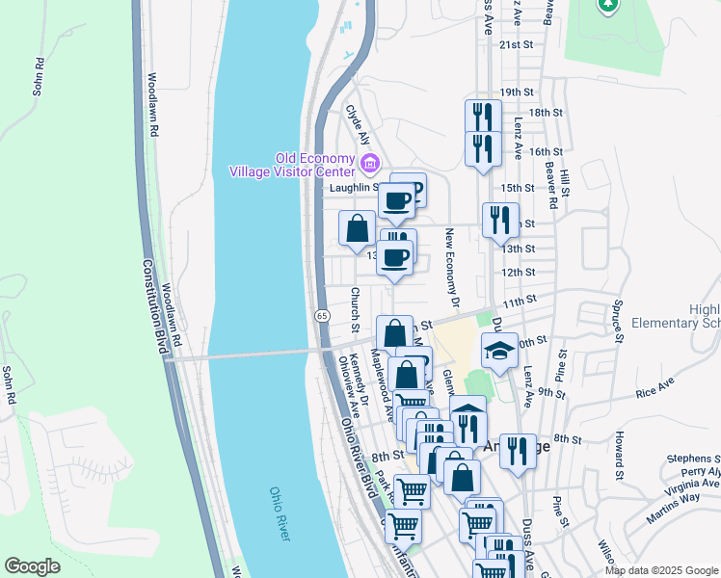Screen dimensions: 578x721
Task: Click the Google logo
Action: point(32,566)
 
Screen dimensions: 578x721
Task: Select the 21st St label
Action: point(516,44)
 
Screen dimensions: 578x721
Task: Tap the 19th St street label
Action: point(517,92)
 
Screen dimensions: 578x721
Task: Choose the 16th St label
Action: point(546,151)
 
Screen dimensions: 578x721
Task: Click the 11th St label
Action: point(519,302)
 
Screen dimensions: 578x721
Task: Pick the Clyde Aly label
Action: point(358,125)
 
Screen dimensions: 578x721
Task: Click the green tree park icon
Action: point(607,6)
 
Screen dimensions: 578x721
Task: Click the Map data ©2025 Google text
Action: point(660,569)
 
